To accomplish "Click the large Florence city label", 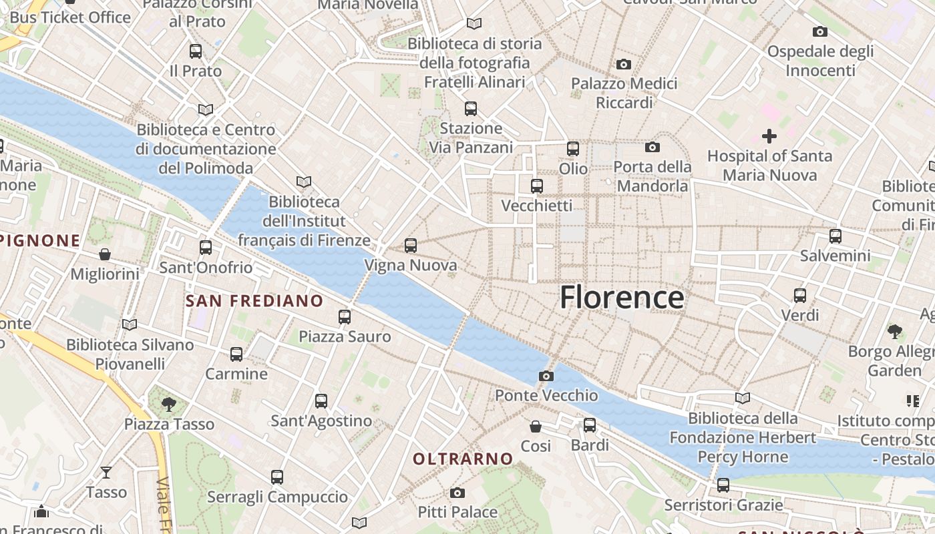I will click(622, 298).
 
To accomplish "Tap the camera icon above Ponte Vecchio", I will click(546, 376).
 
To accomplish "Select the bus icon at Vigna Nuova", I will click(411, 246).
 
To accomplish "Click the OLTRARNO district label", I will click(463, 459).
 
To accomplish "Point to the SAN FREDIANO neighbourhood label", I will click(254, 301).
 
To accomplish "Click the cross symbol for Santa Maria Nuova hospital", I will click(769, 137).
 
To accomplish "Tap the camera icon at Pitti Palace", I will click(457, 493).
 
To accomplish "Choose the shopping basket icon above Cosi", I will click(536, 427).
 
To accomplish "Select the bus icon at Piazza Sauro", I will click(345, 317).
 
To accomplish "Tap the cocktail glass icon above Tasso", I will click(106, 473).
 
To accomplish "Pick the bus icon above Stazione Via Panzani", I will click(471, 108).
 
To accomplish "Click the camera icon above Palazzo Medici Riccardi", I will click(624, 64).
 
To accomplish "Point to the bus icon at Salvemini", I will click(835, 236).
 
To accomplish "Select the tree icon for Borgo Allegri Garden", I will click(894, 331).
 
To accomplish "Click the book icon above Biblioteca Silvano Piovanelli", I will click(130, 325).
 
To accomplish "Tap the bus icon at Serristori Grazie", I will click(723, 485).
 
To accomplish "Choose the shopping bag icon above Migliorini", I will click(105, 254).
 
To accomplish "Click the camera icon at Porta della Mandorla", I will click(652, 147).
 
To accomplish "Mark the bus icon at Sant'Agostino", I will click(321, 401).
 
